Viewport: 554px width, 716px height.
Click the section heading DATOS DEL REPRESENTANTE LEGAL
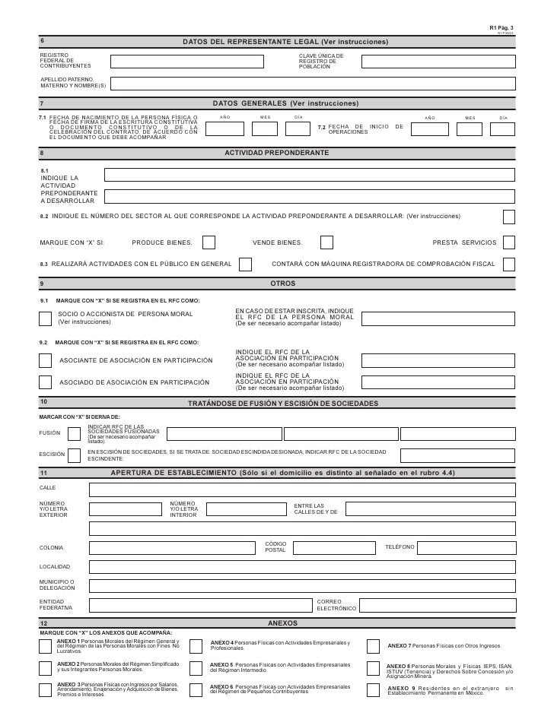pyautogui.click(x=284, y=39)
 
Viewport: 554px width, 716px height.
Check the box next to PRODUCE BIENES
pyautogui.click(x=209, y=242)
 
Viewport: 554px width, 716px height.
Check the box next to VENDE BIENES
pyautogui.click(x=326, y=242)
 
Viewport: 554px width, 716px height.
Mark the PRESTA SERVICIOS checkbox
pyautogui.click(x=508, y=242)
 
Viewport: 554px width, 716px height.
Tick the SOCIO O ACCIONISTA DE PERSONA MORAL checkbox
pyautogui.click(x=45, y=317)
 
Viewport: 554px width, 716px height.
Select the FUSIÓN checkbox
pyautogui.click(x=75, y=433)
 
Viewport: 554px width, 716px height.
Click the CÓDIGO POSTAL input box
pyautogui.click(x=333, y=547)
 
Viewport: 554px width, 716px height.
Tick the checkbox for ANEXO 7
pyautogui.click(x=373, y=646)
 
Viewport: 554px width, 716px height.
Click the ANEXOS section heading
pyautogui.click(x=284, y=623)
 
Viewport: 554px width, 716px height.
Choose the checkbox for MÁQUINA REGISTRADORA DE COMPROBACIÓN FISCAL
pyautogui.click(x=508, y=264)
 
